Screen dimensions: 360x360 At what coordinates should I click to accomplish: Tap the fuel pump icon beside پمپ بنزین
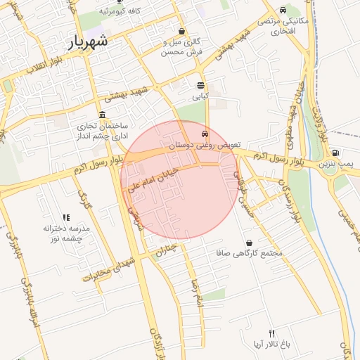335,153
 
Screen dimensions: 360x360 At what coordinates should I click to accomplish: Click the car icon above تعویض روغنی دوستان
205,133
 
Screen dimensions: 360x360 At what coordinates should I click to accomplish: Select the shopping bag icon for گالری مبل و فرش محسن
182,32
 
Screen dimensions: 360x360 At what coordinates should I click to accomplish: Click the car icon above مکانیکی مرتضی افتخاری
283,11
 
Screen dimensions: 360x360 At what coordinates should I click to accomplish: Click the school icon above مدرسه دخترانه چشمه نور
66,218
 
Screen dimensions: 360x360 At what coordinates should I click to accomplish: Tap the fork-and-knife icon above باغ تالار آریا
272,333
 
